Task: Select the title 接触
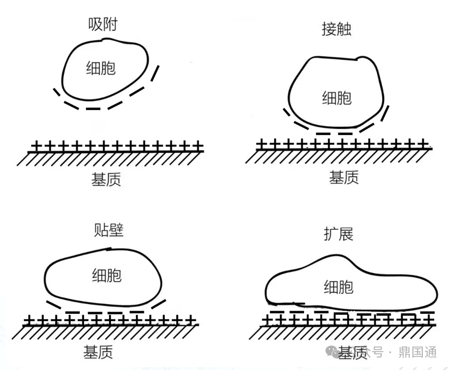tap(336, 29)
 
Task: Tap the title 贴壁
tap(108, 229)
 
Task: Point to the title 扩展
tap(338, 234)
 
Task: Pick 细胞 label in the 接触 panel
tap(336, 97)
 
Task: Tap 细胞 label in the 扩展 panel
tap(338, 287)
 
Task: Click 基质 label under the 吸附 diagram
tap(106, 180)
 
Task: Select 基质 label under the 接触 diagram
tap(344, 178)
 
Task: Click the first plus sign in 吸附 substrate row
tap(35, 146)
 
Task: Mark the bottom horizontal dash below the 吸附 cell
tap(92, 109)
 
